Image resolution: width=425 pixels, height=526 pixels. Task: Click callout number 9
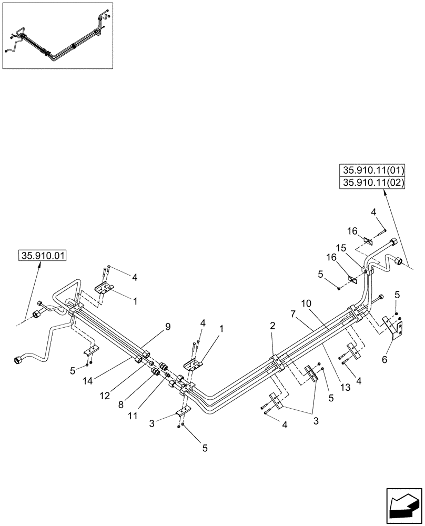tap(168, 327)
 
